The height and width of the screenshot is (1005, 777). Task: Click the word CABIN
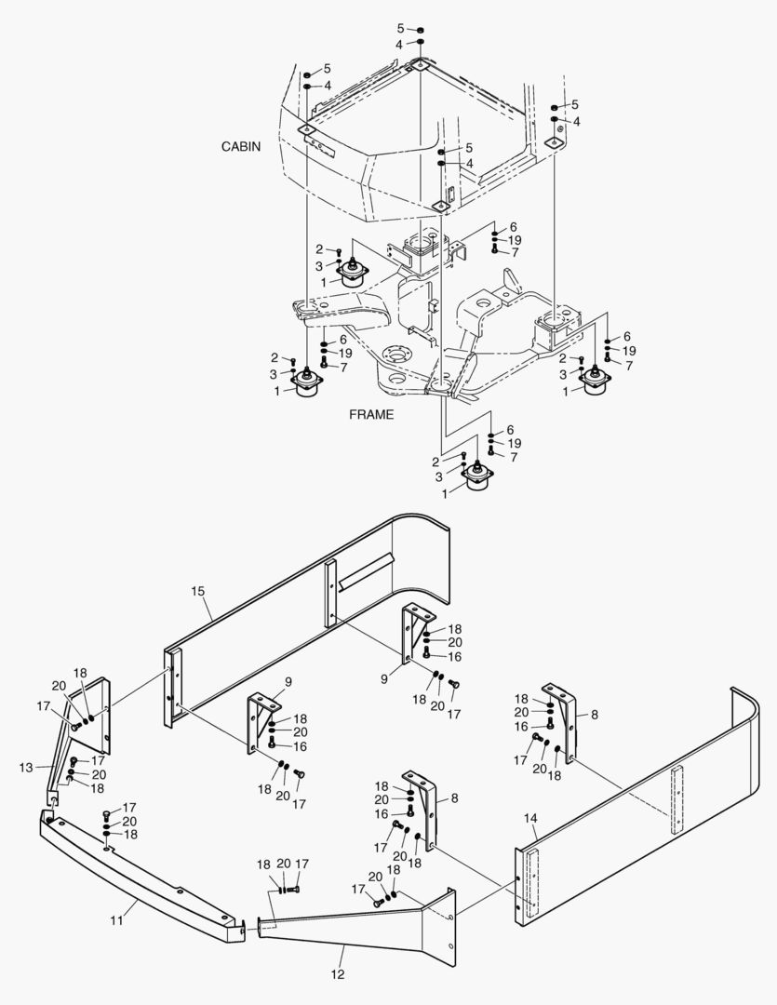click(241, 147)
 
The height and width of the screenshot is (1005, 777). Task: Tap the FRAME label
click(371, 415)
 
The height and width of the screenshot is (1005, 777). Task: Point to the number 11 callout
click(117, 920)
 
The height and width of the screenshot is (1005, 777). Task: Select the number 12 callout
click(337, 974)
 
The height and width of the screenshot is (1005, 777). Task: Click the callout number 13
click(26, 767)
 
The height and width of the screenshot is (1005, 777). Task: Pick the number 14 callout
click(530, 818)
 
